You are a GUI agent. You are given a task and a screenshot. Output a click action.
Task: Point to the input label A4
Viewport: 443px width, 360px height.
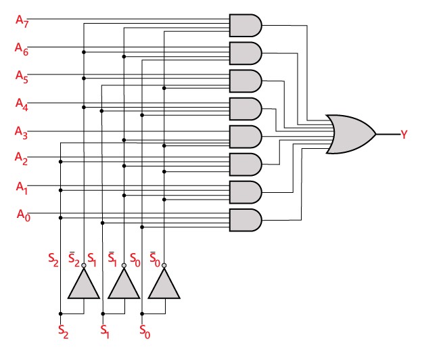[x=22, y=104]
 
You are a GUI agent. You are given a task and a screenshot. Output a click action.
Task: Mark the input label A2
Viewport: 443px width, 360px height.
[x=22, y=158]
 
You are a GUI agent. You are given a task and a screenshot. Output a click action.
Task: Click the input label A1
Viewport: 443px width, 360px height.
[x=22, y=187]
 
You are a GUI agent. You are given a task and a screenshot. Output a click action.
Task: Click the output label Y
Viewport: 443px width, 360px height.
[x=404, y=134]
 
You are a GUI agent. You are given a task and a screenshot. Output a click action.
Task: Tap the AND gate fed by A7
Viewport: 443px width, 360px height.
[x=246, y=26]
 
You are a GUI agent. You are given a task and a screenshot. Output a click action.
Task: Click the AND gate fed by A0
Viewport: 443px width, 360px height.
[x=246, y=220]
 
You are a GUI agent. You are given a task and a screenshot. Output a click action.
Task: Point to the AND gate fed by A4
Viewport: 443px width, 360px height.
[x=246, y=109]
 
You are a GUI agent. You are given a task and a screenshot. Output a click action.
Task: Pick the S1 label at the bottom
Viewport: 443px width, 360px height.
[x=105, y=331]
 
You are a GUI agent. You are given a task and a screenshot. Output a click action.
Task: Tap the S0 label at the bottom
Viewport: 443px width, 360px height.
[x=145, y=331]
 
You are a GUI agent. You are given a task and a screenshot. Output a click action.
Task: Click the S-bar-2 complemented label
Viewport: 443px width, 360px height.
[x=73, y=259]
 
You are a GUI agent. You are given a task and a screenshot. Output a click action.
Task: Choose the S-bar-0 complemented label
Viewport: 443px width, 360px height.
[x=154, y=259]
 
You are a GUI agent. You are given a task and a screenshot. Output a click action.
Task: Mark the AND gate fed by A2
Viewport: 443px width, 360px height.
[x=246, y=164]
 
